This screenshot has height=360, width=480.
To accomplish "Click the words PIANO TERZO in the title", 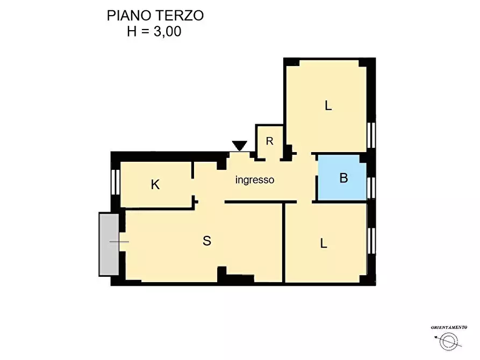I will click(x=155, y=15).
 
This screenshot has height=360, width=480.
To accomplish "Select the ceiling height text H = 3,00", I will click(x=154, y=31).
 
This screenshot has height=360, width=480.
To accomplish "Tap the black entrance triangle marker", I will click(x=240, y=146).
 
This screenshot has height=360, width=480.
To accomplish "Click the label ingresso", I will click(x=255, y=180).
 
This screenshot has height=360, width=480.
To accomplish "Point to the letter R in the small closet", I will click(x=270, y=141).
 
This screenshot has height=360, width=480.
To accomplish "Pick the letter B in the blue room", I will click(x=343, y=178).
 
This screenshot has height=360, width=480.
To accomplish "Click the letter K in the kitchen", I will click(x=155, y=185).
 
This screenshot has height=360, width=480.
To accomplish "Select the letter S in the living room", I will click(x=207, y=241).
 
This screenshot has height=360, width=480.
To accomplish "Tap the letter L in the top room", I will click(x=328, y=106).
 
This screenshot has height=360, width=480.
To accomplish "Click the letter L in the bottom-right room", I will click(x=324, y=243).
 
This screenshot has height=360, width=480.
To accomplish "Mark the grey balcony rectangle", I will click(x=108, y=243).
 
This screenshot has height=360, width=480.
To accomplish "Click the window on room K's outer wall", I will click(x=114, y=182).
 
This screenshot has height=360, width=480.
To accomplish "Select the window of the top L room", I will click(x=371, y=135).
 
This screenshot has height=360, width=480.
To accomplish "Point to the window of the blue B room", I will click(x=371, y=185).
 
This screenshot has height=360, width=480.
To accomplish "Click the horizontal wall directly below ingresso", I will click(x=261, y=201).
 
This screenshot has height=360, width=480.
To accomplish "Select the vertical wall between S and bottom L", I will click(x=284, y=242).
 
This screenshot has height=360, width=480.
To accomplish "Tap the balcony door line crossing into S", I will click(x=119, y=242).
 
